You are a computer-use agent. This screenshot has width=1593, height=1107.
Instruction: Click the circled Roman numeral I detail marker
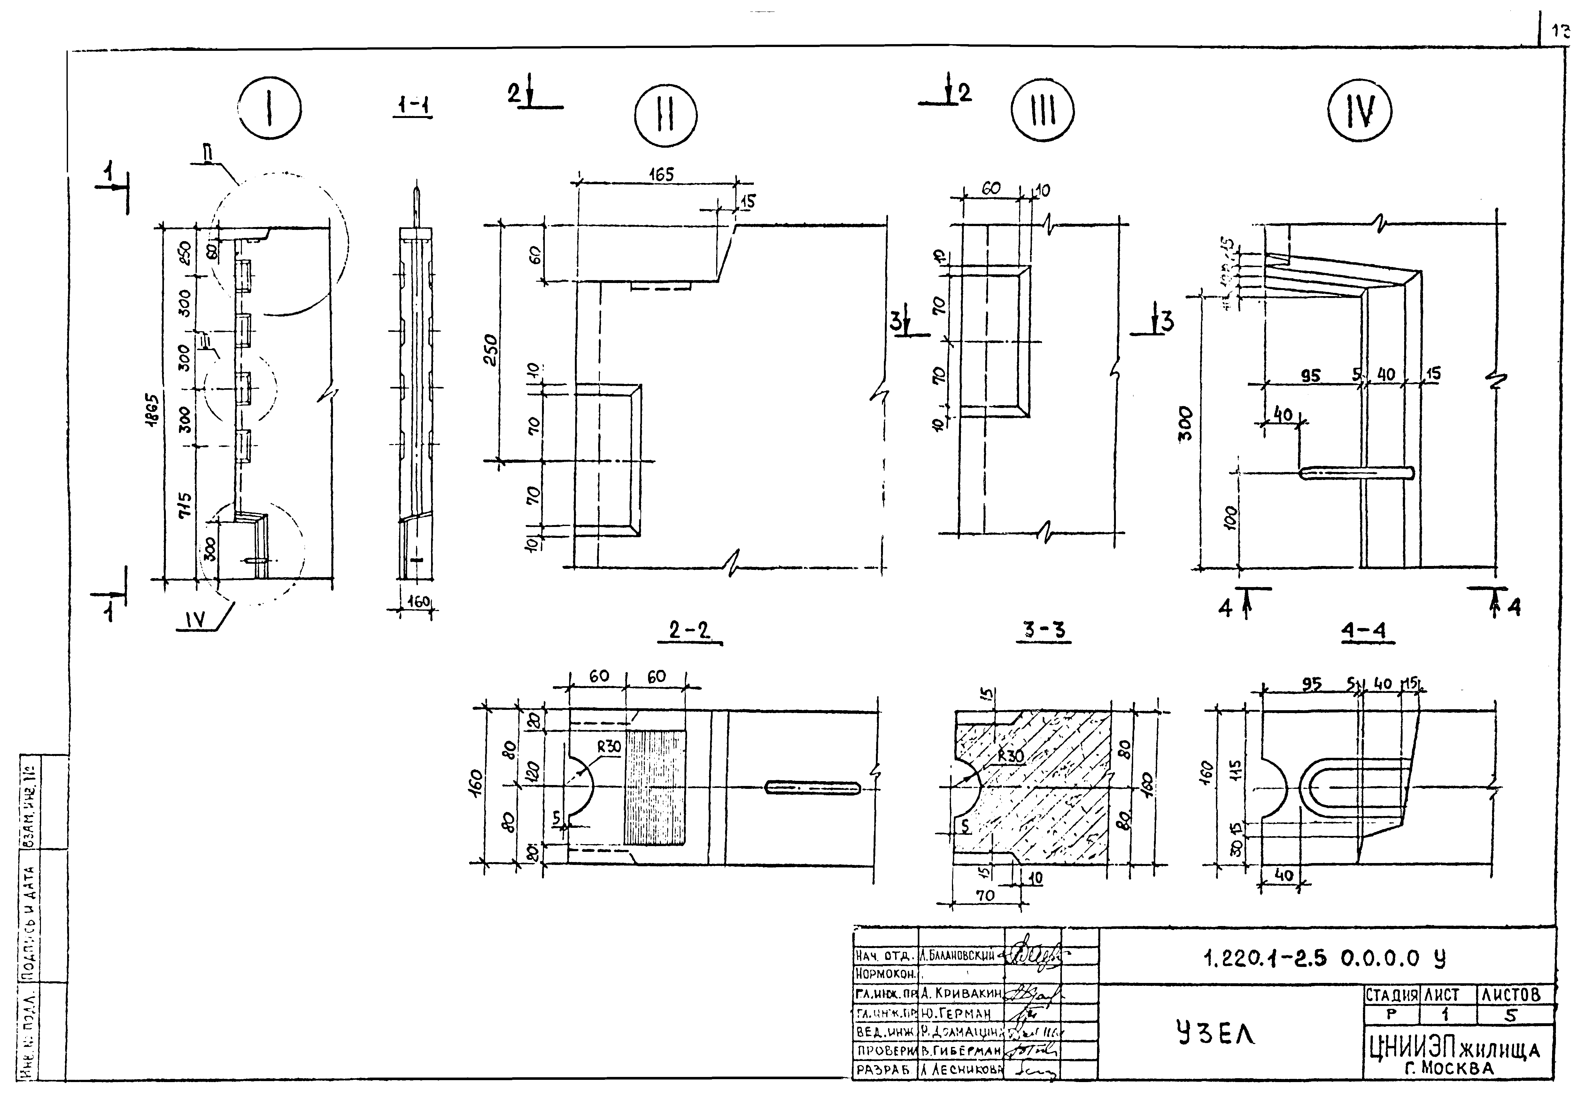(270, 111)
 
